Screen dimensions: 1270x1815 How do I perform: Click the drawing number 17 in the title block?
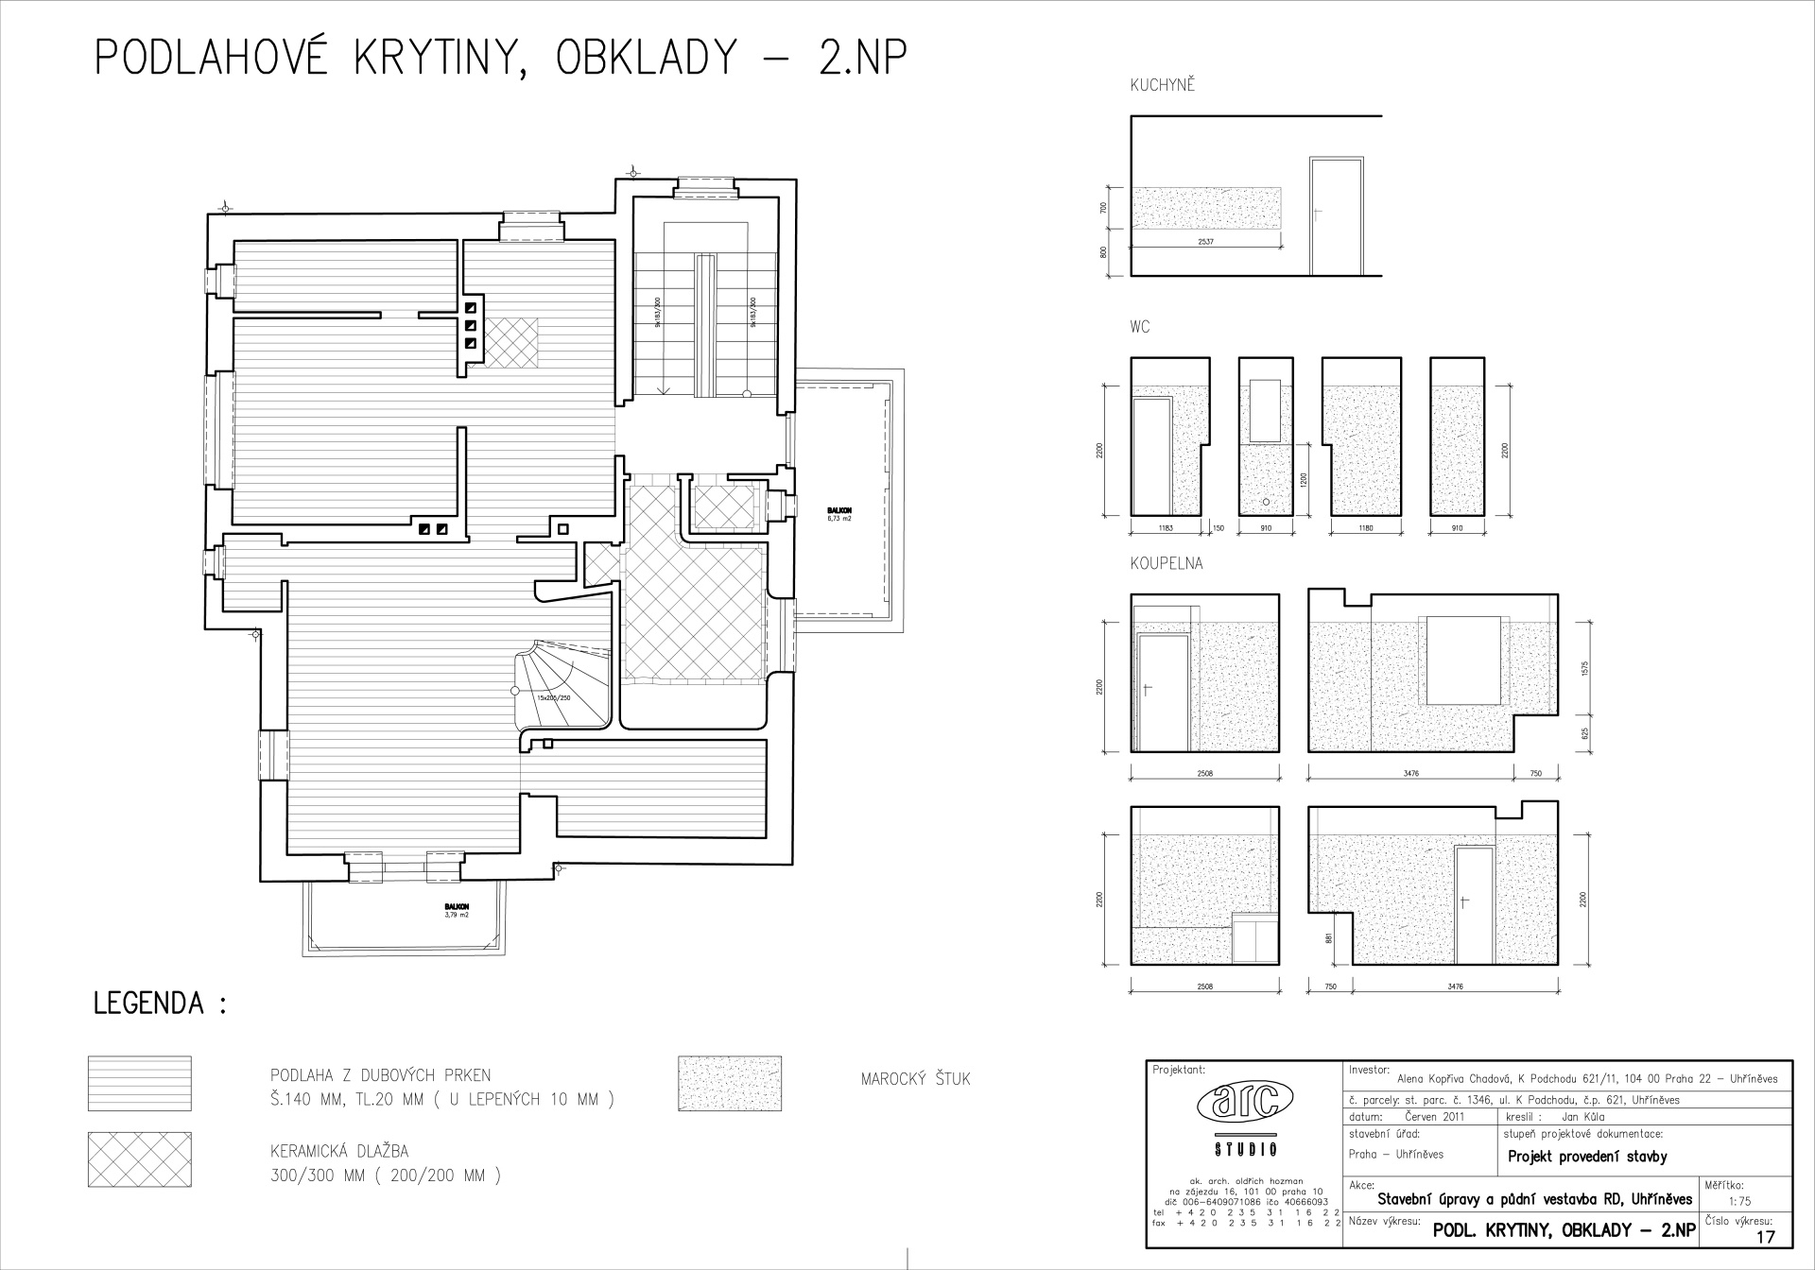tap(1765, 1236)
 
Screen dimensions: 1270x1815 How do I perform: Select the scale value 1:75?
tap(1738, 1202)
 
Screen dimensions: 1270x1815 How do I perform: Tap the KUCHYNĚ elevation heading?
tap(1163, 86)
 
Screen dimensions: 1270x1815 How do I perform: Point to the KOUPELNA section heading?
tap(1167, 564)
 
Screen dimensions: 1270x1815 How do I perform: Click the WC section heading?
tap(1140, 327)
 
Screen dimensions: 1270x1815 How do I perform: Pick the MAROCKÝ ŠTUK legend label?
tap(915, 1079)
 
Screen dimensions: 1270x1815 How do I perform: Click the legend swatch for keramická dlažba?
tap(139, 1159)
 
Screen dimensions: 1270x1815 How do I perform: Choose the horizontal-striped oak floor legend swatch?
tap(139, 1084)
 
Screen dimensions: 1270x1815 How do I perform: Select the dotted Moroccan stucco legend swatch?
tap(730, 1083)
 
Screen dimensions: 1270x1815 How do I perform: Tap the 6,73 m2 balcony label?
tap(838, 518)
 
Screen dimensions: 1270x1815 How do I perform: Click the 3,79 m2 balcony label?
tap(457, 915)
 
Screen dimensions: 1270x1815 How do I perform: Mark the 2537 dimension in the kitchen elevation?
tap(1205, 243)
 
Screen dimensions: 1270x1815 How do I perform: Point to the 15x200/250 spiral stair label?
tap(554, 697)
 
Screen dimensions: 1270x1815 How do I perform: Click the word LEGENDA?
tap(149, 1004)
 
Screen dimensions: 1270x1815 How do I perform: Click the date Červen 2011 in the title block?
tap(1434, 1116)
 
